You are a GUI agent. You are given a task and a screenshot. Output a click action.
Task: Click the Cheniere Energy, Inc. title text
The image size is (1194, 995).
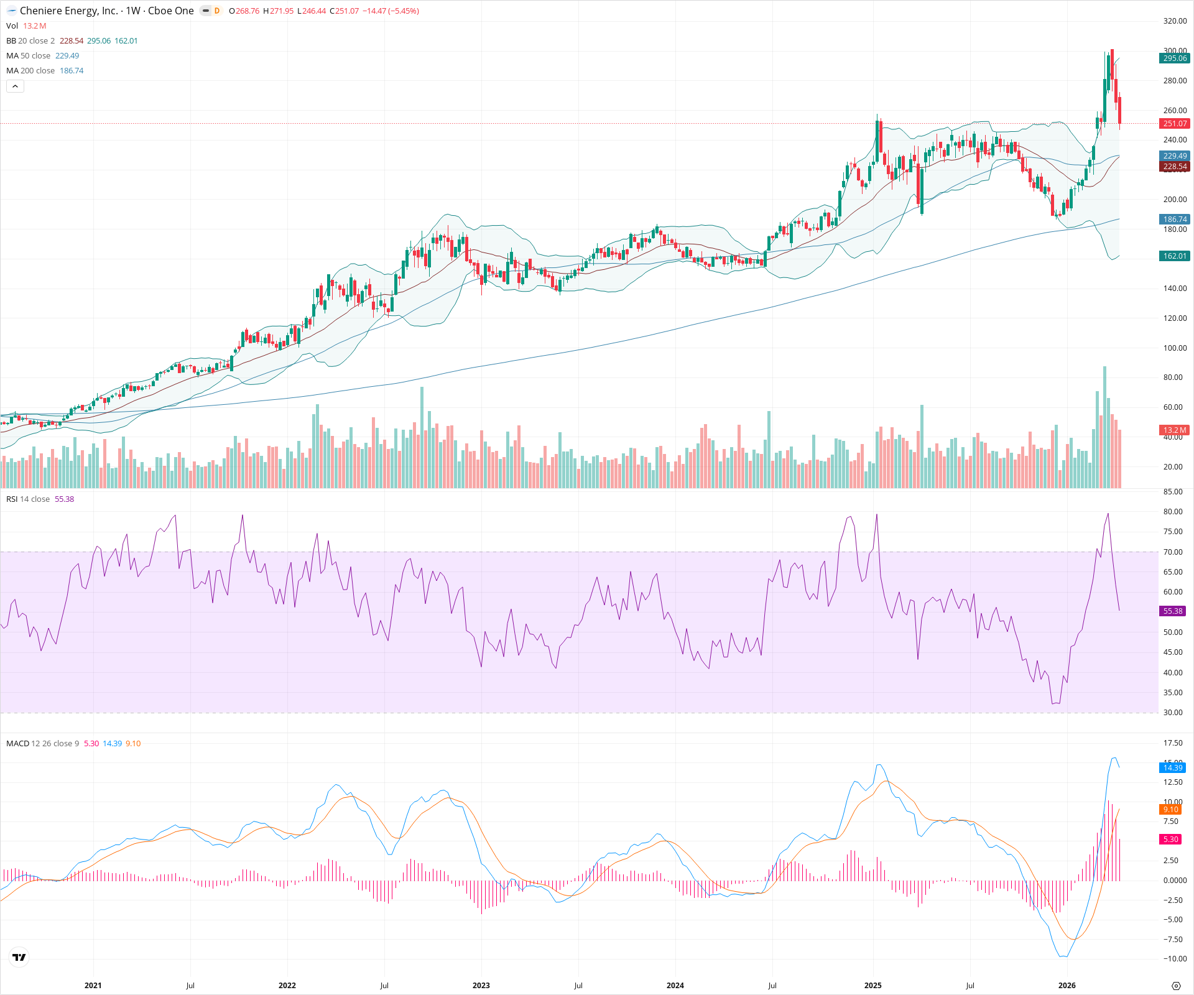tap(68, 11)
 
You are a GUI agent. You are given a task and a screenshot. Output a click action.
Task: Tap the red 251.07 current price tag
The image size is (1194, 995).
tap(1174, 124)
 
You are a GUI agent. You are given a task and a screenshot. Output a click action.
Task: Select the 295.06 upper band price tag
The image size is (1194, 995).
tap(1174, 58)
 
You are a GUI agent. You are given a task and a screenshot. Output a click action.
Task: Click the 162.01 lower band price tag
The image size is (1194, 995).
tap(1174, 256)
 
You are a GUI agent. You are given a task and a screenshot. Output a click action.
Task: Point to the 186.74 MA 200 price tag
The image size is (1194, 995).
tap(1174, 219)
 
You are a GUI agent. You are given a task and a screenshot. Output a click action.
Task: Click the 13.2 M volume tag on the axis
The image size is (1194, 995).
tap(1174, 430)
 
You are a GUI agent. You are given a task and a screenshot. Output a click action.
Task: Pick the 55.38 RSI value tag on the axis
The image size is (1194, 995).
tap(1173, 611)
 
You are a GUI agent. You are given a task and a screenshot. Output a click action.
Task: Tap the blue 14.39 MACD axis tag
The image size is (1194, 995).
tap(1173, 767)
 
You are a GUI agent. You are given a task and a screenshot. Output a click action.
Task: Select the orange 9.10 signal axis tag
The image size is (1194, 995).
tap(1171, 809)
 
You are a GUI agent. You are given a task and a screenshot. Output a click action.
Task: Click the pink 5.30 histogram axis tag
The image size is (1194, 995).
tap(1171, 839)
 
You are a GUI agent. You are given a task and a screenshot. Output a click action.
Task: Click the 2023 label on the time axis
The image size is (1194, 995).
tap(481, 985)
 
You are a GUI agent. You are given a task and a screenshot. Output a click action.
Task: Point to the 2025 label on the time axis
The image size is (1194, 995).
tap(872, 985)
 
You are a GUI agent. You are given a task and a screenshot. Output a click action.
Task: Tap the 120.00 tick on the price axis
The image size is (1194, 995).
tap(1175, 318)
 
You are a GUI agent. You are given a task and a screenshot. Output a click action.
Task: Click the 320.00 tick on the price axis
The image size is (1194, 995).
tap(1175, 21)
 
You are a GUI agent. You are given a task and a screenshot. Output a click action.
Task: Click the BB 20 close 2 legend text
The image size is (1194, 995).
tap(30, 40)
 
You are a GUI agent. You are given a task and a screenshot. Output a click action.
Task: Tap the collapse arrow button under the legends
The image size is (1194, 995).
tap(15, 86)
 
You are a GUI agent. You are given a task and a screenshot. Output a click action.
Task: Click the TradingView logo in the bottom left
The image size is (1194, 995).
tap(19, 957)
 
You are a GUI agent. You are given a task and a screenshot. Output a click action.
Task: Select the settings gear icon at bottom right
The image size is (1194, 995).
tap(1175, 986)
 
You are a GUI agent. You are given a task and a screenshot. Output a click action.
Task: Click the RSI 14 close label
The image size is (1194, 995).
tap(28, 499)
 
